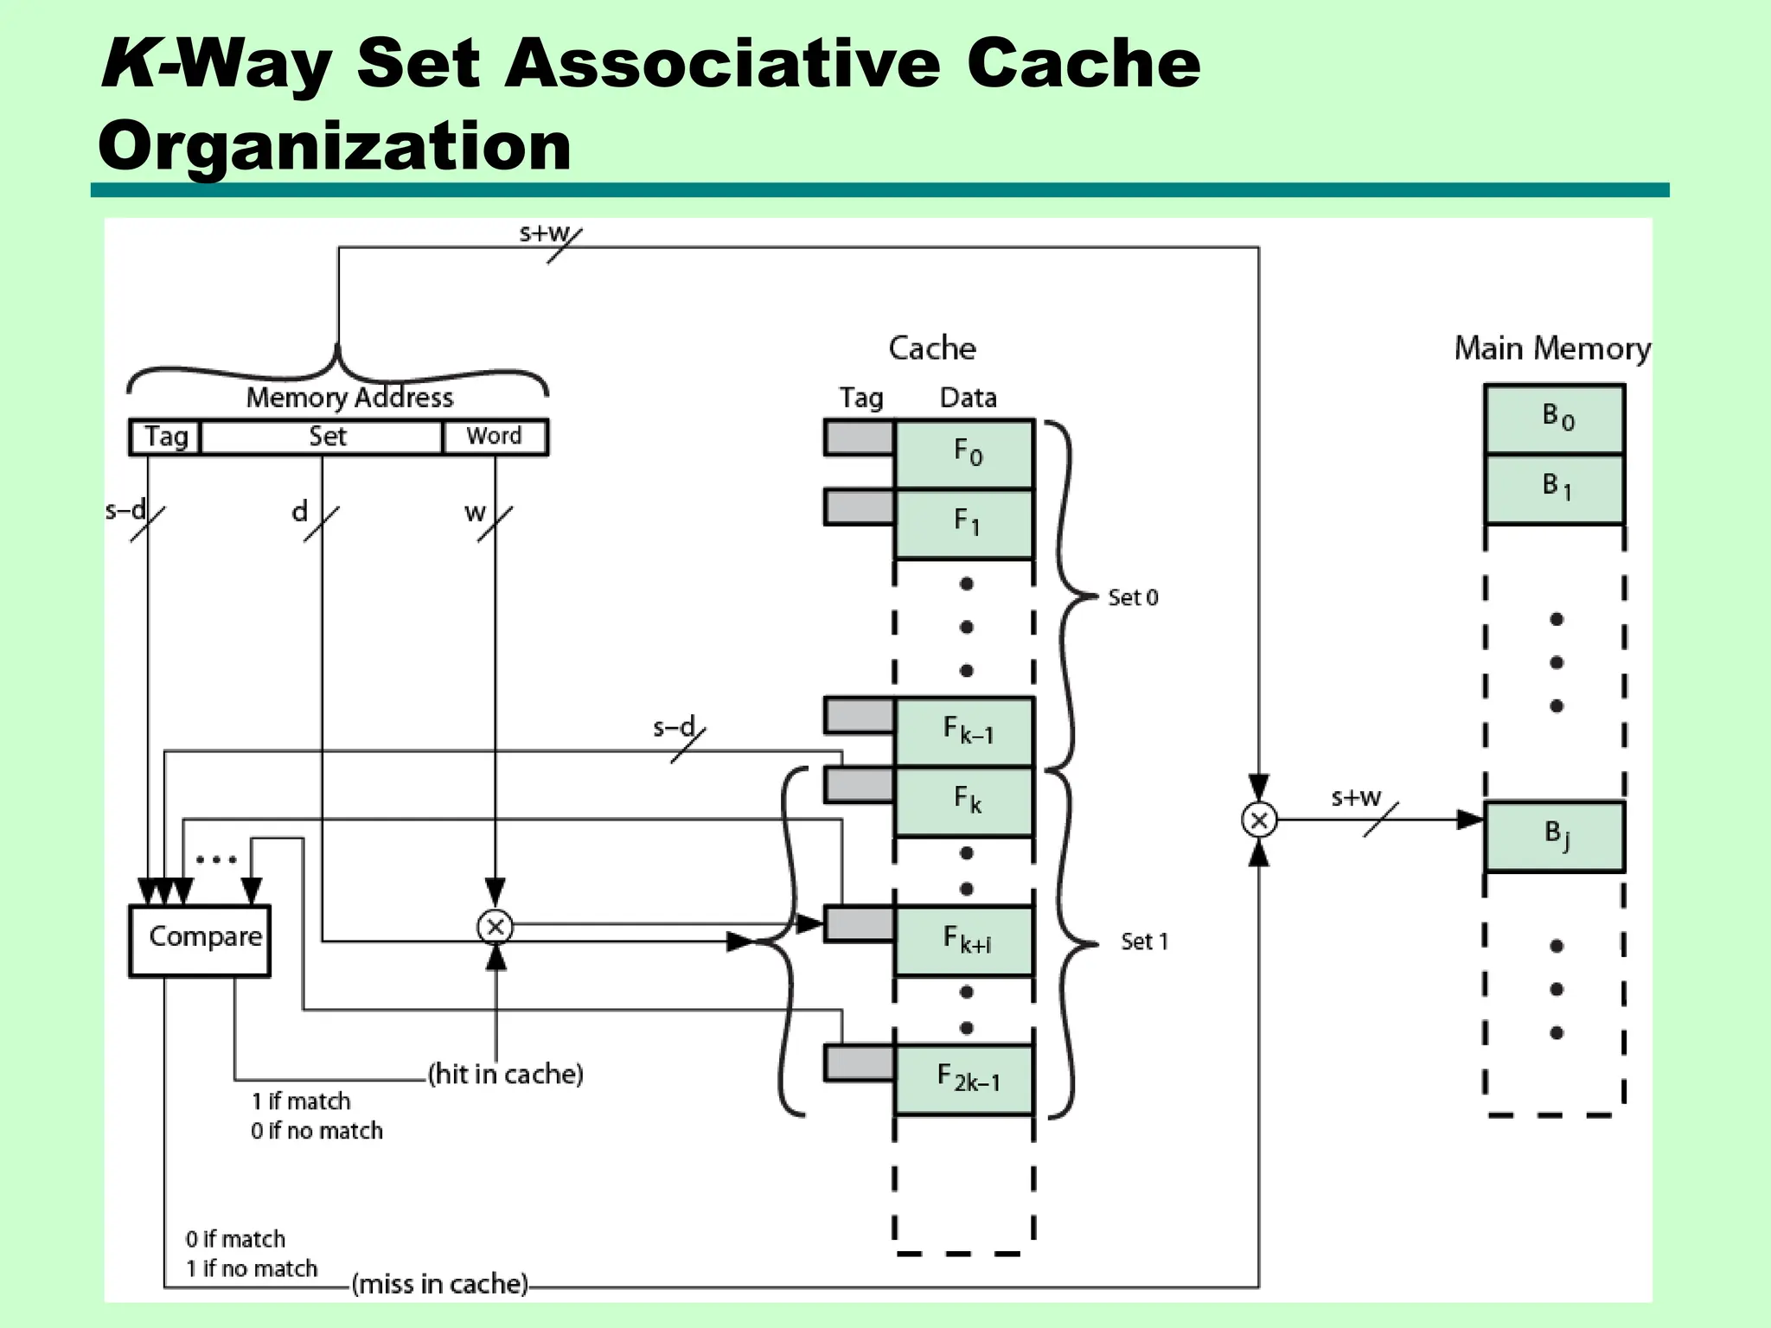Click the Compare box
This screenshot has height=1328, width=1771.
pyautogui.click(x=200, y=941)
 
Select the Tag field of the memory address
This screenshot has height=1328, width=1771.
pyautogui.click(x=165, y=437)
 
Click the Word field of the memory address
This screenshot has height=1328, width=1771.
pyautogui.click(x=495, y=437)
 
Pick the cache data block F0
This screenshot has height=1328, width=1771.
pyautogui.click(x=964, y=454)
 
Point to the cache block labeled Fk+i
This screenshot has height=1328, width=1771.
pyautogui.click(x=964, y=941)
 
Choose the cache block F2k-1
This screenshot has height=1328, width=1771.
pyautogui.click(x=964, y=1080)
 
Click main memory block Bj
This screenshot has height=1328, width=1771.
pyautogui.click(x=1554, y=836)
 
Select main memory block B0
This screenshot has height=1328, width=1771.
pyautogui.click(x=1554, y=419)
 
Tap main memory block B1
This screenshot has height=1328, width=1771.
pyautogui.click(x=1554, y=488)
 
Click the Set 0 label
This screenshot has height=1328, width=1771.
pyautogui.click(x=1133, y=597)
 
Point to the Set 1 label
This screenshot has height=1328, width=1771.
pyautogui.click(x=1144, y=942)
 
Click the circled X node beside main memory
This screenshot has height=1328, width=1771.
pyautogui.click(x=1259, y=820)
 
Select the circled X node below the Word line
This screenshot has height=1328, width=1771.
pyautogui.click(x=495, y=928)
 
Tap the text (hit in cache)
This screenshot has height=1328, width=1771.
pyautogui.click(x=506, y=1075)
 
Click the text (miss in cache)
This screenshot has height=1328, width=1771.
pyautogui.click(x=439, y=1284)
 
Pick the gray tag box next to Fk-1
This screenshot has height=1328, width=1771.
pyautogui.click(x=859, y=716)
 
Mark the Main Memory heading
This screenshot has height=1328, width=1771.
pyautogui.click(x=1552, y=348)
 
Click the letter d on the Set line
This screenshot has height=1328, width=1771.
pyautogui.click(x=299, y=512)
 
